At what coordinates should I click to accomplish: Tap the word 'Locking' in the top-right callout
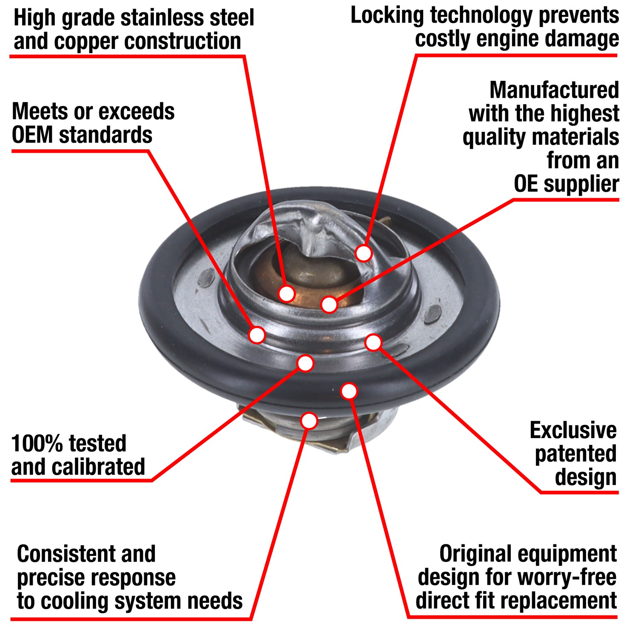pos(387,16)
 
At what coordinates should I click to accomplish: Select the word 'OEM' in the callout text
pos(32,135)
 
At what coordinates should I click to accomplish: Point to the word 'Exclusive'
pos(573,430)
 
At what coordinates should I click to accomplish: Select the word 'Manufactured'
pos(554,90)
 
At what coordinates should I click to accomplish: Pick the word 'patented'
pos(575,454)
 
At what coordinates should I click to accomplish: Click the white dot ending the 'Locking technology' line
pos(364,253)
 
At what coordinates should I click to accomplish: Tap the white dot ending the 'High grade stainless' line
pos(287,293)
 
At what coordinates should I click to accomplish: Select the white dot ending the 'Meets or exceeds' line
pos(257,335)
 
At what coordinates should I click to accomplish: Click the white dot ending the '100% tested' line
pos(305,363)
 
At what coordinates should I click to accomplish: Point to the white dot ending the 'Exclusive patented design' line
pos(373,342)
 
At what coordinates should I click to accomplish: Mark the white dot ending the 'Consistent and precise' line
pos(309,420)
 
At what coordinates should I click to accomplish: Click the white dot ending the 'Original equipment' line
pos(349,391)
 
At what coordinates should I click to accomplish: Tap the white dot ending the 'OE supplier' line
pos(329,304)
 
